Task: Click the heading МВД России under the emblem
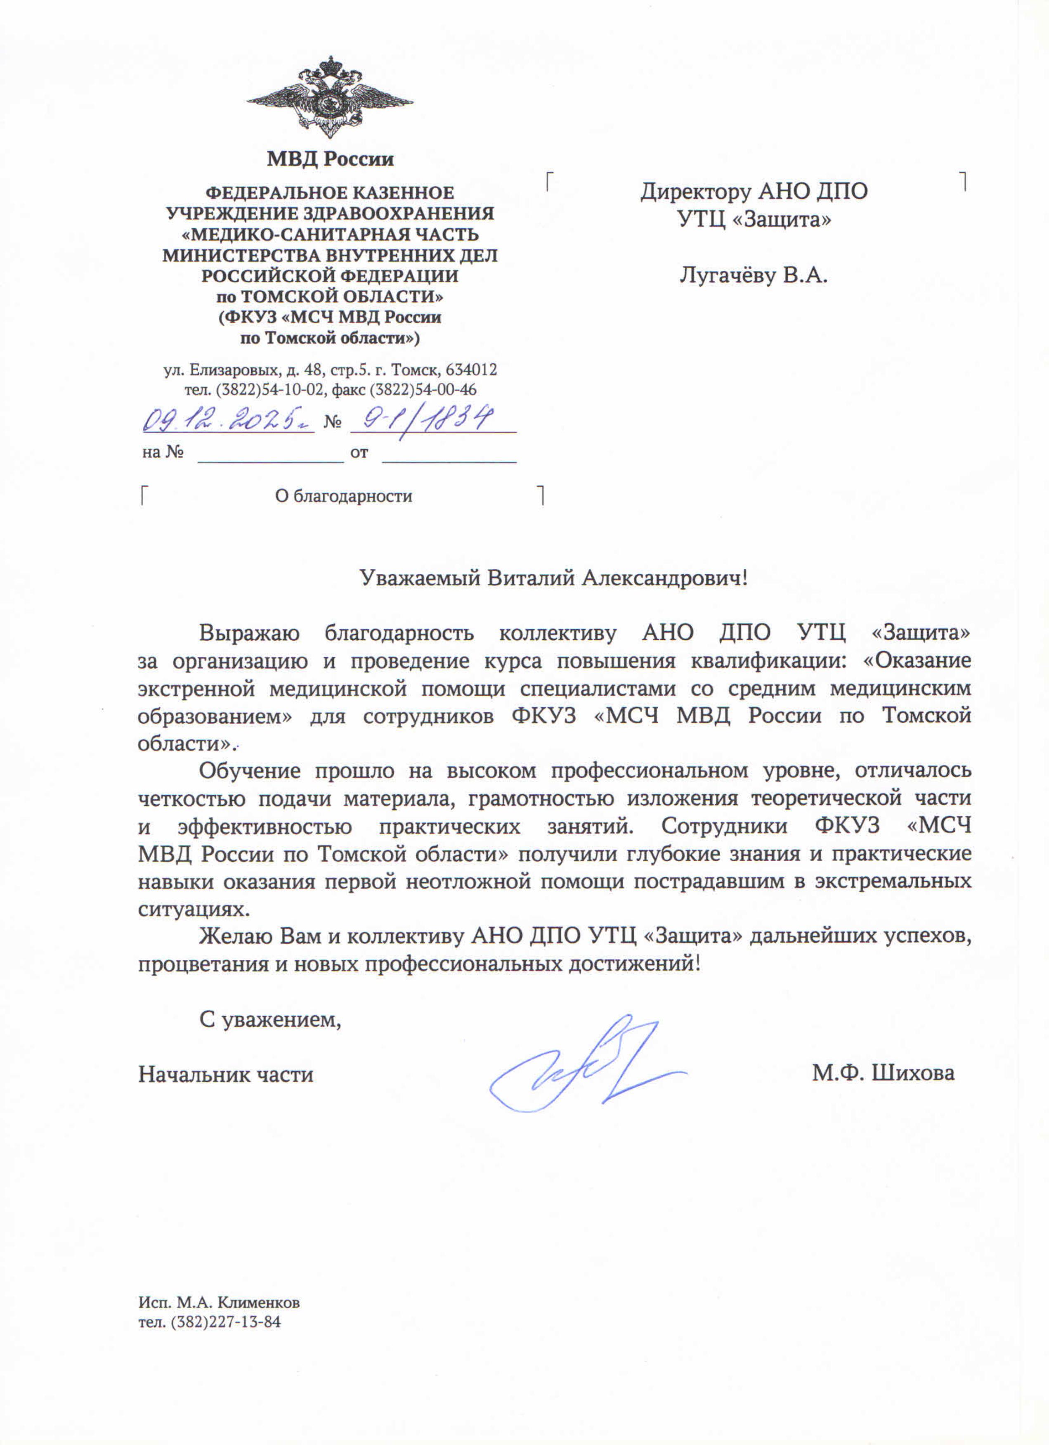[x=330, y=159]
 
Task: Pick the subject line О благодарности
[x=343, y=496]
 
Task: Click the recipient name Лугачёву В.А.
[x=754, y=276]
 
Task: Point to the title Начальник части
[x=226, y=1075]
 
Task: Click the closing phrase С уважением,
[x=271, y=1020]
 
